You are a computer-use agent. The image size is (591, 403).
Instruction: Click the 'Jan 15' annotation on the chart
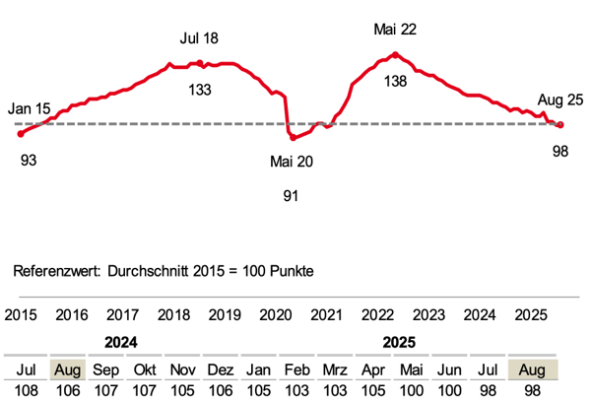click(29, 107)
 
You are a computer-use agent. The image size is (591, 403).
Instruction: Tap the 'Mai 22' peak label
click(395, 30)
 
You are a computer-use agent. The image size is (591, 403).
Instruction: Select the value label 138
click(395, 82)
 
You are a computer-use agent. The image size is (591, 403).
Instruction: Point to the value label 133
click(199, 91)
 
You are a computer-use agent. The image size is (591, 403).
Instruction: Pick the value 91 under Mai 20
click(291, 196)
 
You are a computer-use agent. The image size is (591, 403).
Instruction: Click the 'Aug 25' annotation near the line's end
click(560, 100)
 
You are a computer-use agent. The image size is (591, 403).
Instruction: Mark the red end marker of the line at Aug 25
click(560, 124)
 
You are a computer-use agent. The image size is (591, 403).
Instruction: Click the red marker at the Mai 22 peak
click(395, 54)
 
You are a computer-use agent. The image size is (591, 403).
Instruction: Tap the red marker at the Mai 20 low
click(293, 137)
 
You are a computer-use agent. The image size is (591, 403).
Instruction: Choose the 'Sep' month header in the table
click(106, 369)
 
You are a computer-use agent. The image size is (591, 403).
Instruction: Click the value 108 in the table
click(28, 390)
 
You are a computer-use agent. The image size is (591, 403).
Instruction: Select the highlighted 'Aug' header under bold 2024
click(67, 369)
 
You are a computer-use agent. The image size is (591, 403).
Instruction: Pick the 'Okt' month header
click(145, 369)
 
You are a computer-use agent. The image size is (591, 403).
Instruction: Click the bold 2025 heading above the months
click(395, 344)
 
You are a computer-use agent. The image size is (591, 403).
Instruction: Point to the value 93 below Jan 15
click(29, 160)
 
